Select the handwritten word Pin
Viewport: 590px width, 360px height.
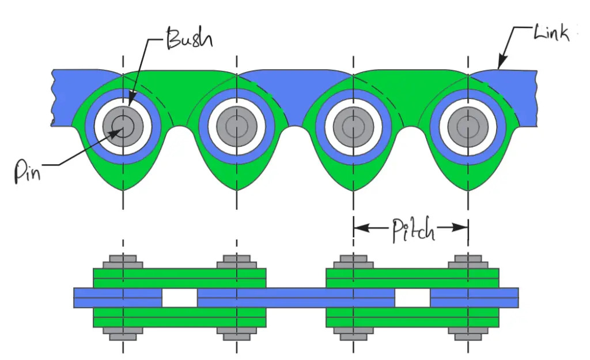point(27,172)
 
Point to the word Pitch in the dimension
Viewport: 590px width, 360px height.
point(413,230)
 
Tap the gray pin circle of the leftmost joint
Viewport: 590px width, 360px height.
point(122,125)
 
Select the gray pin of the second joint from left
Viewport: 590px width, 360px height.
point(236,125)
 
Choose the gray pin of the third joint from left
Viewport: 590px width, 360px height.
point(353,125)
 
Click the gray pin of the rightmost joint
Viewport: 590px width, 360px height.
point(467,125)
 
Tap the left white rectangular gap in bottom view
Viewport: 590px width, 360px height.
point(179,298)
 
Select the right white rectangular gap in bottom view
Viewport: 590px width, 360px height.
point(413,298)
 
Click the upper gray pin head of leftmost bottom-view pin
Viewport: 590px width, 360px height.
point(123,262)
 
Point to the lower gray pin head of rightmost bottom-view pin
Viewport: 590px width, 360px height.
point(468,333)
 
